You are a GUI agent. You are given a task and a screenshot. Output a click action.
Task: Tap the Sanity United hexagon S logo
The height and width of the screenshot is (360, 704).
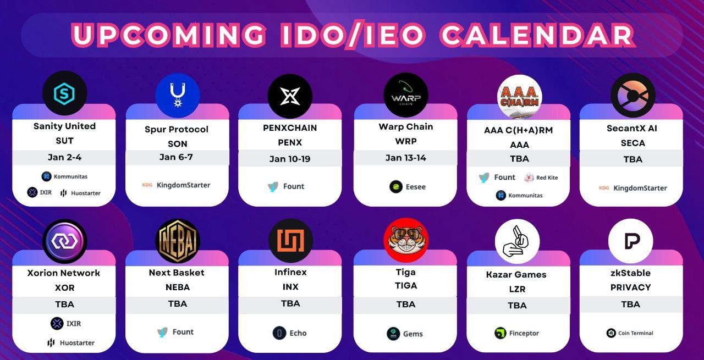(x=64, y=93)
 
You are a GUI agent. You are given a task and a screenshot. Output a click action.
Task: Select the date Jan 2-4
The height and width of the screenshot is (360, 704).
(x=64, y=157)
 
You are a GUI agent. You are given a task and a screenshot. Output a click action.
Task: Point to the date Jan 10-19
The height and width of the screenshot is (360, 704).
(x=290, y=159)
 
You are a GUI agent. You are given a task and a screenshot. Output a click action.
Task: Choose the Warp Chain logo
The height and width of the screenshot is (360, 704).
(x=406, y=95)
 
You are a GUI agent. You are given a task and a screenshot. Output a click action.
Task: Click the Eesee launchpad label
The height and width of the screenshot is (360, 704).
(x=408, y=187)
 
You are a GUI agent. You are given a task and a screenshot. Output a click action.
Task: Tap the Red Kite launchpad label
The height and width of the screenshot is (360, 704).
(x=541, y=178)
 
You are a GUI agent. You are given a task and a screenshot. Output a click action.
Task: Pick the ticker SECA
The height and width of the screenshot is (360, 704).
(x=632, y=143)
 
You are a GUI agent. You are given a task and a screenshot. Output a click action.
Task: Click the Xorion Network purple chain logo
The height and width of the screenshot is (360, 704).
(x=64, y=241)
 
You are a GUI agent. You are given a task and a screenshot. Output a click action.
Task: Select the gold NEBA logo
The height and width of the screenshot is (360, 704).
(x=178, y=241)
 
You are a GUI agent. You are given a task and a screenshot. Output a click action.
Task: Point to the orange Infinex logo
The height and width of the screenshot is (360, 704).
(x=290, y=241)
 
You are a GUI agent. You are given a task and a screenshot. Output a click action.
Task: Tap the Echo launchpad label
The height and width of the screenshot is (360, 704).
(x=289, y=333)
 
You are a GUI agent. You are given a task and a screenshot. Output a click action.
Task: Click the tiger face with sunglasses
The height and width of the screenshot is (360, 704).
(x=406, y=240)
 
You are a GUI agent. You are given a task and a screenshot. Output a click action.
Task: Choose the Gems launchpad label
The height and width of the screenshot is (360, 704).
(x=405, y=334)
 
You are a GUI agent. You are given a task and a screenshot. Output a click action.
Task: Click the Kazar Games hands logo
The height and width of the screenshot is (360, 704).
(x=517, y=241)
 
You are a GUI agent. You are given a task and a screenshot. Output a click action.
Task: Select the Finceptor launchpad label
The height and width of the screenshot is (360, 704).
(x=516, y=333)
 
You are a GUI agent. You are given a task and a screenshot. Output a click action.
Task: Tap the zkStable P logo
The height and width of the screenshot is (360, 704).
(x=630, y=241)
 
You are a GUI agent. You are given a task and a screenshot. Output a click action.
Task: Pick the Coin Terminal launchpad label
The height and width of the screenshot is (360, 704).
(x=630, y=333)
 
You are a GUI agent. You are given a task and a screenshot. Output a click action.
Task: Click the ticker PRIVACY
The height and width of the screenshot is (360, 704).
(x=630, y=287)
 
